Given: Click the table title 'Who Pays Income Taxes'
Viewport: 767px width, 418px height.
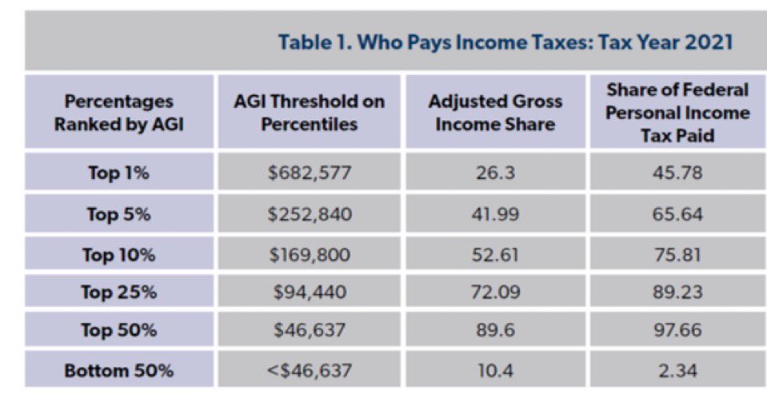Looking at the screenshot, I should pos(505,42).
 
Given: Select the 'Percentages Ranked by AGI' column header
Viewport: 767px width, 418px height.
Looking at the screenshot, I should pos(119,113).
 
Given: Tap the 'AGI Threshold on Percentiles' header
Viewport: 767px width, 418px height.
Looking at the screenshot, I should pos(310,113).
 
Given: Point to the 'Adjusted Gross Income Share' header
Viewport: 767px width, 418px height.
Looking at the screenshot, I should pos(495,113).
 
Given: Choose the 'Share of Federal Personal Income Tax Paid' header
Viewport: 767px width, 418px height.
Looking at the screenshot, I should pos(677,113).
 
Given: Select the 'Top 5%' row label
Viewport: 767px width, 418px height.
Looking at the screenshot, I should pos(119,214).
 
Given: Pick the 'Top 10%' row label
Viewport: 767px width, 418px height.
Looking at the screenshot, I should pos(119,255).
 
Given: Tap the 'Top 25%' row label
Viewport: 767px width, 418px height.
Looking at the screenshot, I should pos(119,293).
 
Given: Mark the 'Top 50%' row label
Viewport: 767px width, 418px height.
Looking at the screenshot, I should pos(119,330).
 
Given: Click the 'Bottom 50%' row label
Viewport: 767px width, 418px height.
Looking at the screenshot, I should pos(119,370).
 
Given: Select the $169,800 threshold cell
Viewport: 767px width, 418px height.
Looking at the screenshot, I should pos(310,255).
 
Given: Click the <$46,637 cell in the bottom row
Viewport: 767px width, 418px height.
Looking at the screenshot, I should pos(310,370).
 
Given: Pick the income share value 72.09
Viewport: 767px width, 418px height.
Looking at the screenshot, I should pos(495,293).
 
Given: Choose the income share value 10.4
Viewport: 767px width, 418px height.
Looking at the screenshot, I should pos(495,370).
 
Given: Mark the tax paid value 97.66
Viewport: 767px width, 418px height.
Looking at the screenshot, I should pos(677,330).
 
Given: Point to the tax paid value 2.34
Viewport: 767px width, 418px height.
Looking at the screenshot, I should pos(677,370).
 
